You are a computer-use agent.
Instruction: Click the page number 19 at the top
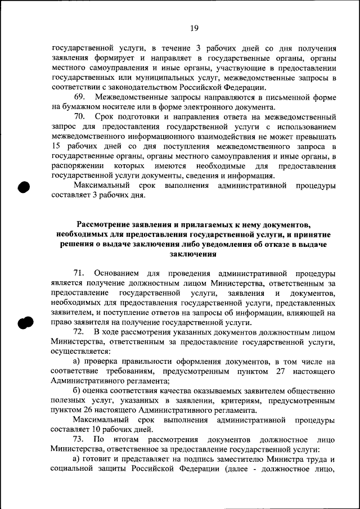pos(194,28)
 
